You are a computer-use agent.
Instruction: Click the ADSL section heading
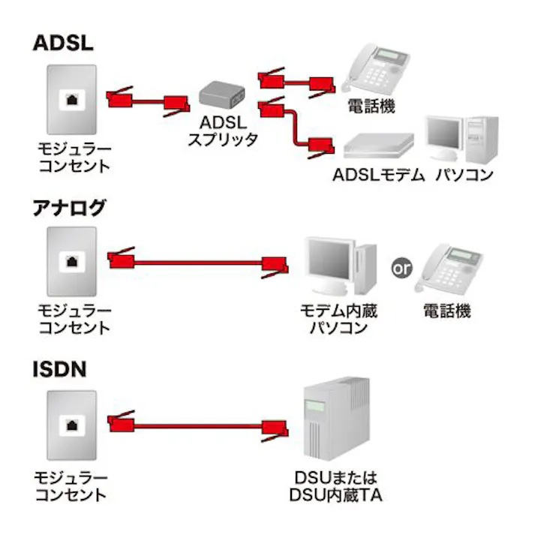(x=63, y=42)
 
